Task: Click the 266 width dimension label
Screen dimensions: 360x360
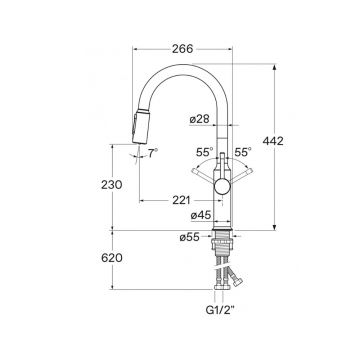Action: point(182,49)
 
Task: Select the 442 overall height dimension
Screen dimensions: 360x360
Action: point(273,141)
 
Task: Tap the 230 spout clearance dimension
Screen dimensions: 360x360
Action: point(112,184)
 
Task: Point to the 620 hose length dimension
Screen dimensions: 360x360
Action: point(112,258)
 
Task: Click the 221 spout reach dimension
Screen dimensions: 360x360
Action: point(181,200)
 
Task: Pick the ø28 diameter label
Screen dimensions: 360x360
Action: point(200,119)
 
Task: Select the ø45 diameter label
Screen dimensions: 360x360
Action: point(201,215)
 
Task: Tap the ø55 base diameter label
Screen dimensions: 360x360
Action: point(189,237)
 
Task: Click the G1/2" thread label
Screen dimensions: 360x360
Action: point(220,311)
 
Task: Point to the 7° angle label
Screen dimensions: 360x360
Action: point(153,153)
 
